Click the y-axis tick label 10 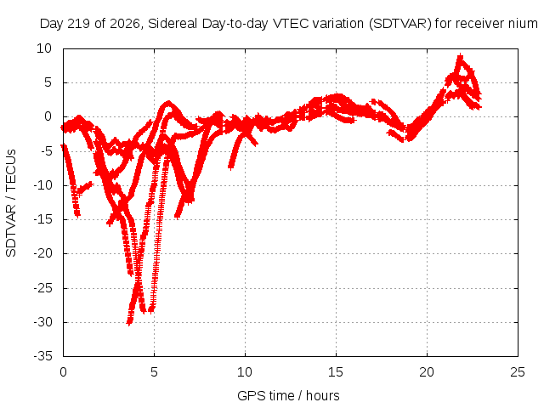[x=44, y=48]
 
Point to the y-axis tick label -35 [x=43, y=356]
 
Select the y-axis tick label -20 [x=43, y=253]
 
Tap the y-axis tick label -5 [x=46, y=151]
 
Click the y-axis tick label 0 [x=48, y=117]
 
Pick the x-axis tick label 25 [x=518, y=372]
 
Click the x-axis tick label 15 [x=336, y=372]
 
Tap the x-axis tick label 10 [x=245, y=372]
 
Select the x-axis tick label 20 [x=427, y=372]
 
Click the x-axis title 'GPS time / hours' [x=288, y=395]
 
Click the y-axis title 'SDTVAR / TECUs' [x=11, y=203]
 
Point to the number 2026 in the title [x=124, y=24]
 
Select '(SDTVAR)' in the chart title [x=400, y=24]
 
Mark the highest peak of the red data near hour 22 [x=461, y=55]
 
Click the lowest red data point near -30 [x=128, y=323]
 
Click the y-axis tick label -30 [x=43, y=322]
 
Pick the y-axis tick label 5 [x=48, y=82]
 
